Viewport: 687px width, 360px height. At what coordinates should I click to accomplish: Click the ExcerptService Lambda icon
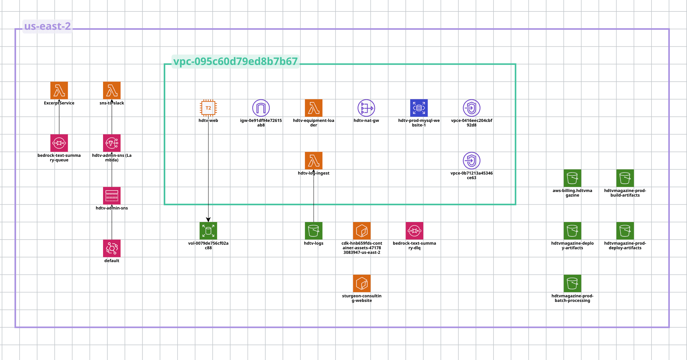[x=59, y=90]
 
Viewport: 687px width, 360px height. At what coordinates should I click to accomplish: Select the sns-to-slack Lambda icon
[x=112, y=90]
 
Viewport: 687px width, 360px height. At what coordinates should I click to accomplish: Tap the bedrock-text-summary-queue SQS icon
[x=59, y=143]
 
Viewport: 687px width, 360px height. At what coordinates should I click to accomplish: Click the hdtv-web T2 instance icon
[x=208, y=108]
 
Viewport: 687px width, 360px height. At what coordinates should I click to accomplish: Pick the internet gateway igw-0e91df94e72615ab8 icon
[x=261, y=108]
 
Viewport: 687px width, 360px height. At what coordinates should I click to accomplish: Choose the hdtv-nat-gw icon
[x=366, y=108]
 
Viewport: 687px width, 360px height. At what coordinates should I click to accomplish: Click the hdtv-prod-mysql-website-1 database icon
[x=419, y=108]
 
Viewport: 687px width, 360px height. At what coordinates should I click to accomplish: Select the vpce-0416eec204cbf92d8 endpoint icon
[x=471, y=108]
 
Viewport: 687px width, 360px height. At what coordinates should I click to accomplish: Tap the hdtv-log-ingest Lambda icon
[x=313, y=161]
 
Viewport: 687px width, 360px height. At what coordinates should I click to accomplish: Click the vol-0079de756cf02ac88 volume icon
[x=208, y=231]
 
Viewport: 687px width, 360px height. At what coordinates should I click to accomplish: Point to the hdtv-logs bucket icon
[x=313, y=231]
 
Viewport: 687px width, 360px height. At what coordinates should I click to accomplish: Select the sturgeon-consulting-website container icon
[x=362, y=283]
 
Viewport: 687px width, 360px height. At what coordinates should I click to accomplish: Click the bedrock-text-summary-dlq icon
[x=414, y=231]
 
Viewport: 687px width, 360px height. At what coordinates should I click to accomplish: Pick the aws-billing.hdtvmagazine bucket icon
[x=572, y=178]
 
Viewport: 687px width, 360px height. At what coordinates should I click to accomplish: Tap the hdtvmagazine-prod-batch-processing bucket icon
[x=572, y=283]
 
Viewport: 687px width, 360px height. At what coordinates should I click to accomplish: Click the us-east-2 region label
[x=47, y=26]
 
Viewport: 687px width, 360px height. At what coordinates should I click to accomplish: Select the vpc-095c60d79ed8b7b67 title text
[x=235, y=62]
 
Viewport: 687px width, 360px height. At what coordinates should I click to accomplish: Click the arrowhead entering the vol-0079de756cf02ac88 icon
[x=208, y=219]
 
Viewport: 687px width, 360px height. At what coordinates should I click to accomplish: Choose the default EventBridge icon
[x=112, y=248]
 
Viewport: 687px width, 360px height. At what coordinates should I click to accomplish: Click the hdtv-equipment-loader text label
[x=313, y=123]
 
